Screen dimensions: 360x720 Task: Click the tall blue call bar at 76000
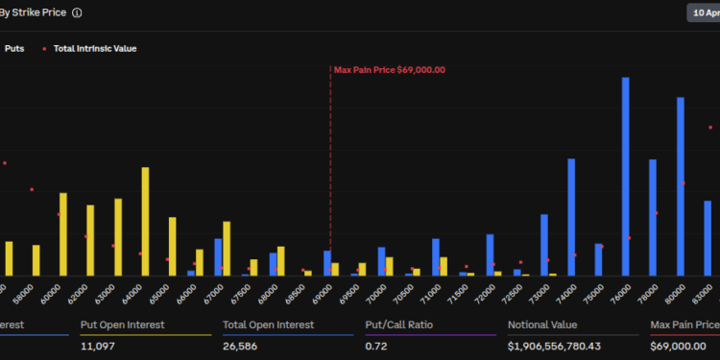point(626,177)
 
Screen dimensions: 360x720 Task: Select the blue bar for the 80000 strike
point(681,186)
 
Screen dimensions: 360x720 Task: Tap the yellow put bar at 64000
point(145,222)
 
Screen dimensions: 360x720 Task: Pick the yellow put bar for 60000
point(63,234)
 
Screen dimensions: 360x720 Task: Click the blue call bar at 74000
point(571,217)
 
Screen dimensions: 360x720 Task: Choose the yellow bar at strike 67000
point(227,249)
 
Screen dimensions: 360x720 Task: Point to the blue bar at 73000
point(544,245)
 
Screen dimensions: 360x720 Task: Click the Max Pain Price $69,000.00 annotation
point(389,70)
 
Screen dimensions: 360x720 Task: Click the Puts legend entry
point(14,48)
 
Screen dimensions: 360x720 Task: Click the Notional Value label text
point(543,324)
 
